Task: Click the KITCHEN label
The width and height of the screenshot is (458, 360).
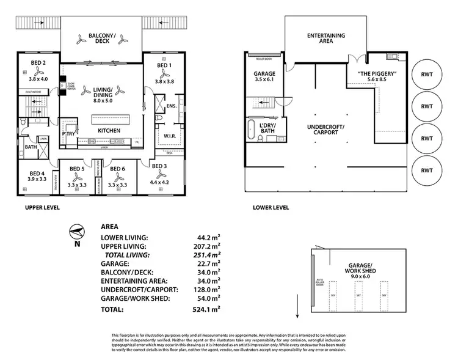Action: (109, 131)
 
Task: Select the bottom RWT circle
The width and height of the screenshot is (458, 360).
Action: (427, 170)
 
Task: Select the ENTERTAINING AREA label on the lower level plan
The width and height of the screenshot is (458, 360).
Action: (325, 39)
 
